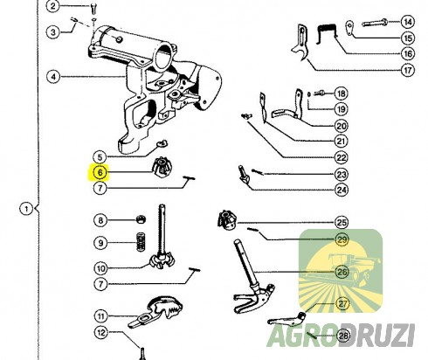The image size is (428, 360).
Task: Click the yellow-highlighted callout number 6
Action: [100, 172]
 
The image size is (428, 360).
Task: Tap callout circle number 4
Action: [53, 77]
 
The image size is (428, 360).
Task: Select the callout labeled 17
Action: [408, 70]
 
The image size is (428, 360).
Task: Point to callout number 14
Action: [408, 22]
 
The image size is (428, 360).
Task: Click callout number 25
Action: [342, 223]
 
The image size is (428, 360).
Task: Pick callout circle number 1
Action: [26, 209]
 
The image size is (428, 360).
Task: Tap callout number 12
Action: [100, 332]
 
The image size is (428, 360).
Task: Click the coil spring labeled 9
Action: [141, 242]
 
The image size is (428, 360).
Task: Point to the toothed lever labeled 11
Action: [156, 312]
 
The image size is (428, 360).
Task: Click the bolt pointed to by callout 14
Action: [375, 23]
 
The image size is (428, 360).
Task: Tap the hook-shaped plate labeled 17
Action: [300, 44]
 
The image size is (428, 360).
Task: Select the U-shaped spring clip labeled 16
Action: [327, 34]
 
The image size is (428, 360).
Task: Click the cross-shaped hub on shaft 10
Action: [162, 260]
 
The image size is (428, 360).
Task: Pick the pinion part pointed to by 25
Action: [227, 219]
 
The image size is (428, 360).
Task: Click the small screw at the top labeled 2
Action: [93, 8]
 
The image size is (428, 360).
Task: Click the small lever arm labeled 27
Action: [287, 319]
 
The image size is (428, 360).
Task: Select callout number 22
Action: [342, 157]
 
